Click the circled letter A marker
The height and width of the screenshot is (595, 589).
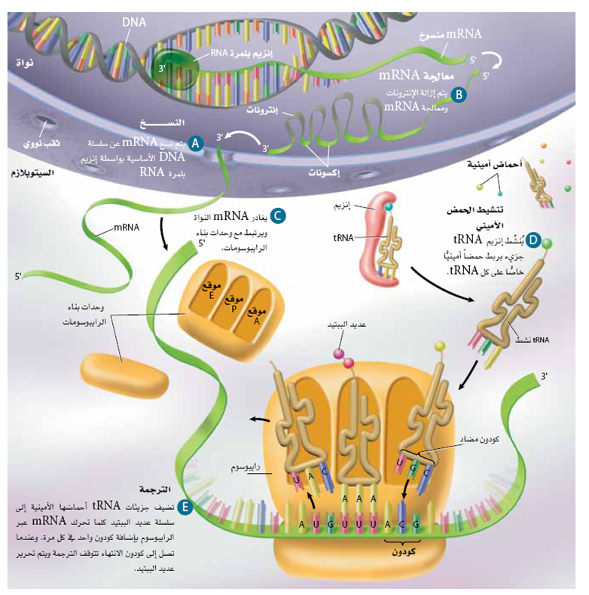tap(197, 142)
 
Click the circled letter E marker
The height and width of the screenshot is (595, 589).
tap(185, 505)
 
